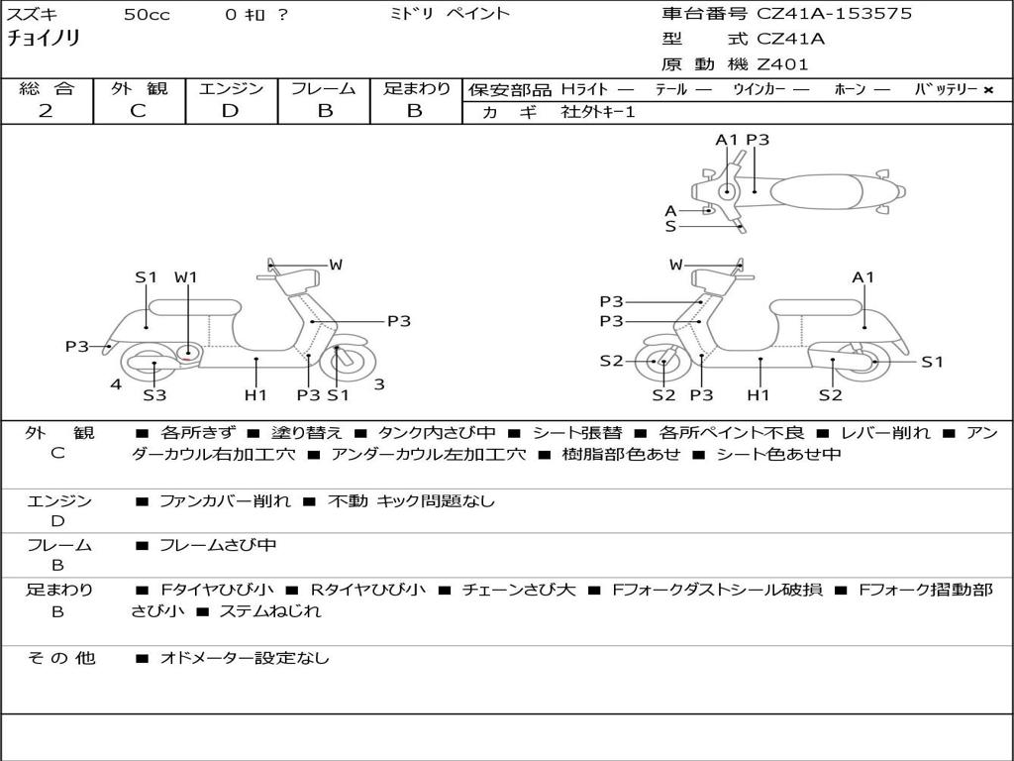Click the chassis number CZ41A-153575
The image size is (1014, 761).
click(835, 14)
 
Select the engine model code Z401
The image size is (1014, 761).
click(782, 64)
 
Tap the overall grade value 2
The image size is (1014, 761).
click(46, 111)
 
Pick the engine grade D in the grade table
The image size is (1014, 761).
click(230, 111)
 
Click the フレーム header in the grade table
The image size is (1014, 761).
click(323, 88)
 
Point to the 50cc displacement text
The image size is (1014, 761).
click(147, 15)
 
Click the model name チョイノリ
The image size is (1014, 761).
click(44, 39)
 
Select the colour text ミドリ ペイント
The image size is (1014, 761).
click(451, 14)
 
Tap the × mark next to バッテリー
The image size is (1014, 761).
click(987, 89)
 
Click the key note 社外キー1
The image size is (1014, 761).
click(598, 112)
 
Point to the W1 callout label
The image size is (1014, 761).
click(186, 277)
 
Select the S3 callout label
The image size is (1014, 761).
click(153, 395)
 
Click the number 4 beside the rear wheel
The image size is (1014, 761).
click(116, 384)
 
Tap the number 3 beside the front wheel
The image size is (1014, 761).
click(379, 384)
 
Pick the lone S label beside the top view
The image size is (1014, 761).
click(670, 226)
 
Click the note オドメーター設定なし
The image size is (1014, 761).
click(244, 658)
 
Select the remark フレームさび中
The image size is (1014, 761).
click(218, 545)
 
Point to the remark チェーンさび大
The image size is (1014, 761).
click(518, 590)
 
